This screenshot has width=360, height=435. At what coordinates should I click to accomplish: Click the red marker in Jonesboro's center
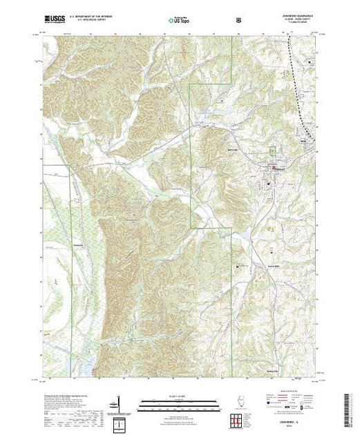(275, 168)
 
